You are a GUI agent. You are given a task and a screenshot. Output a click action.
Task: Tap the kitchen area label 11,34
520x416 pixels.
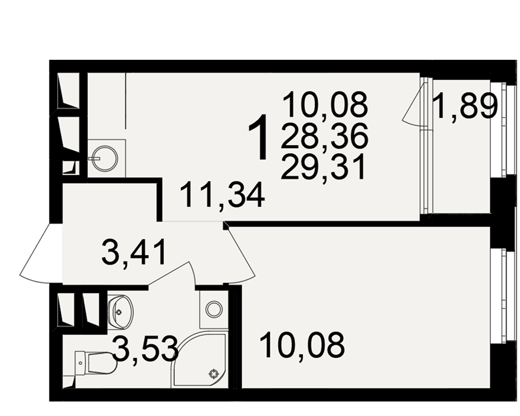(223, 194)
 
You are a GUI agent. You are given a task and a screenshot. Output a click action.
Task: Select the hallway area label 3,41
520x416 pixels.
(134, 252)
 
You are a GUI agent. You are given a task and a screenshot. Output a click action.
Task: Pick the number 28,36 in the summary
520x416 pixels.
(324, 136)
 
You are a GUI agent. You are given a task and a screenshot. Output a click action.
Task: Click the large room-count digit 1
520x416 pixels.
(258, 137)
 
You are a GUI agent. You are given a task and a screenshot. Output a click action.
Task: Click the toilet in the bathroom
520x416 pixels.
(96, 362)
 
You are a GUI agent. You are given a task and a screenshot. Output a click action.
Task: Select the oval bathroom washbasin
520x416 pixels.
(121, 311)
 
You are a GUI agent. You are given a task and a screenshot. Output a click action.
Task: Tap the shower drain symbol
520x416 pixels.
(213, 374)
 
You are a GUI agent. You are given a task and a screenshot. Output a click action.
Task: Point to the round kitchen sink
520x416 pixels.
(105, 159)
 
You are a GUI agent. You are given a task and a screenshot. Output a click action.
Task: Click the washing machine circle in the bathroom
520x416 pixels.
(214, 309)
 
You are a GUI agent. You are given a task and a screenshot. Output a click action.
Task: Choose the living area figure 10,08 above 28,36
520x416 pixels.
(326, 105)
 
